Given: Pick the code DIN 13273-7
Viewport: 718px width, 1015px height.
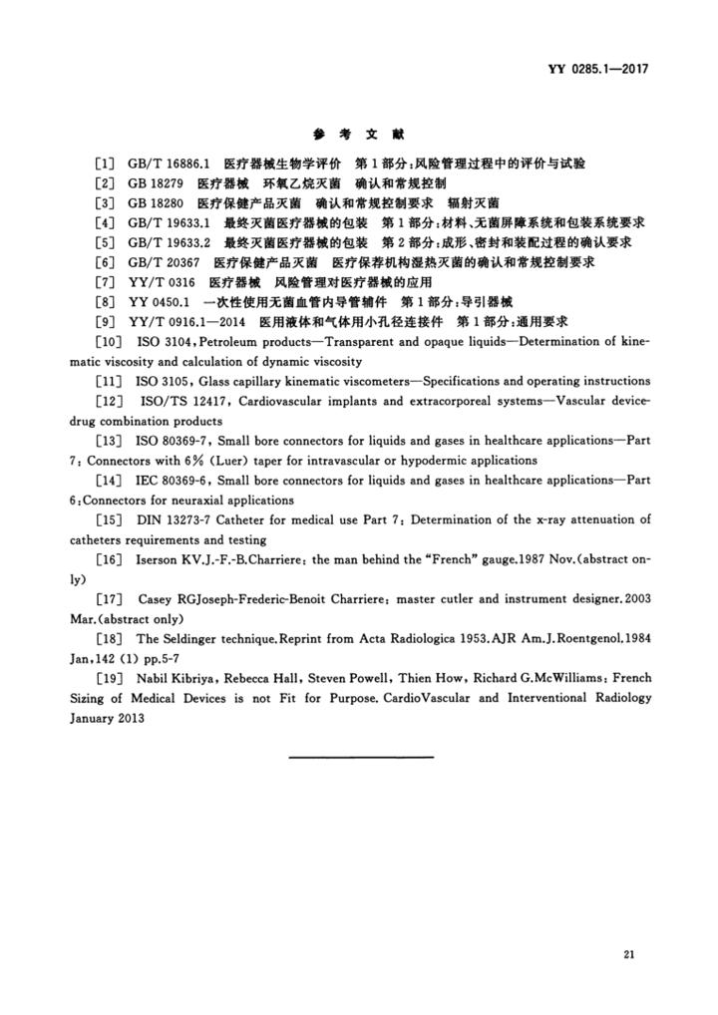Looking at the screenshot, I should pos(168,519).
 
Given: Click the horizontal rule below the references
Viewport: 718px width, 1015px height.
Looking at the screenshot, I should pos(360,757).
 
